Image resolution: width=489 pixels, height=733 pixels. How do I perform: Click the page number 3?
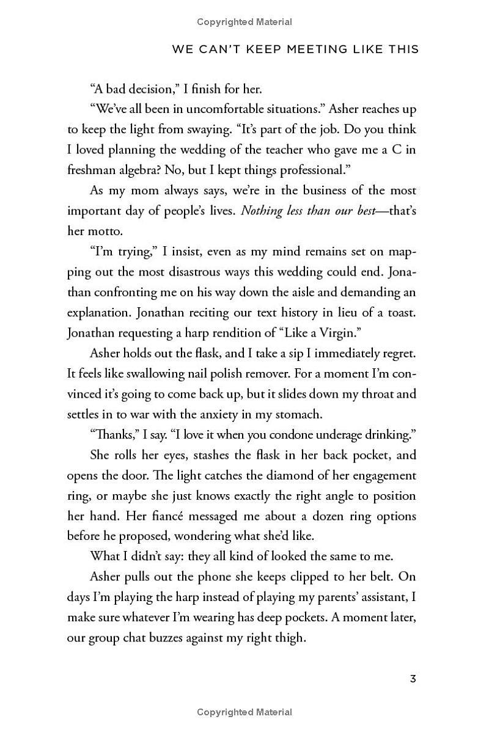[413, 679]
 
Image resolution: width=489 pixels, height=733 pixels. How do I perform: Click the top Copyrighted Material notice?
[244, 22]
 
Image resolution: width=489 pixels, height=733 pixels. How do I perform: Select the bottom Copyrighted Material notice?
[244, 712]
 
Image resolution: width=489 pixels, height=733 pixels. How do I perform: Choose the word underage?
[331, 434]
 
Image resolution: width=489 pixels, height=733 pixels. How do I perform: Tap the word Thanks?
[113, 434]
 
